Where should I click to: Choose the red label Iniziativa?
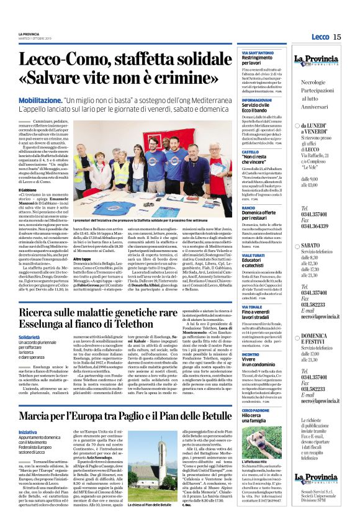[27, 431]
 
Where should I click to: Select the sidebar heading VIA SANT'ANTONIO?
[258, 53]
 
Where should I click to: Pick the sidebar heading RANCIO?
[248, 208]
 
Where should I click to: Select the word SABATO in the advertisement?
[316, 246]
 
